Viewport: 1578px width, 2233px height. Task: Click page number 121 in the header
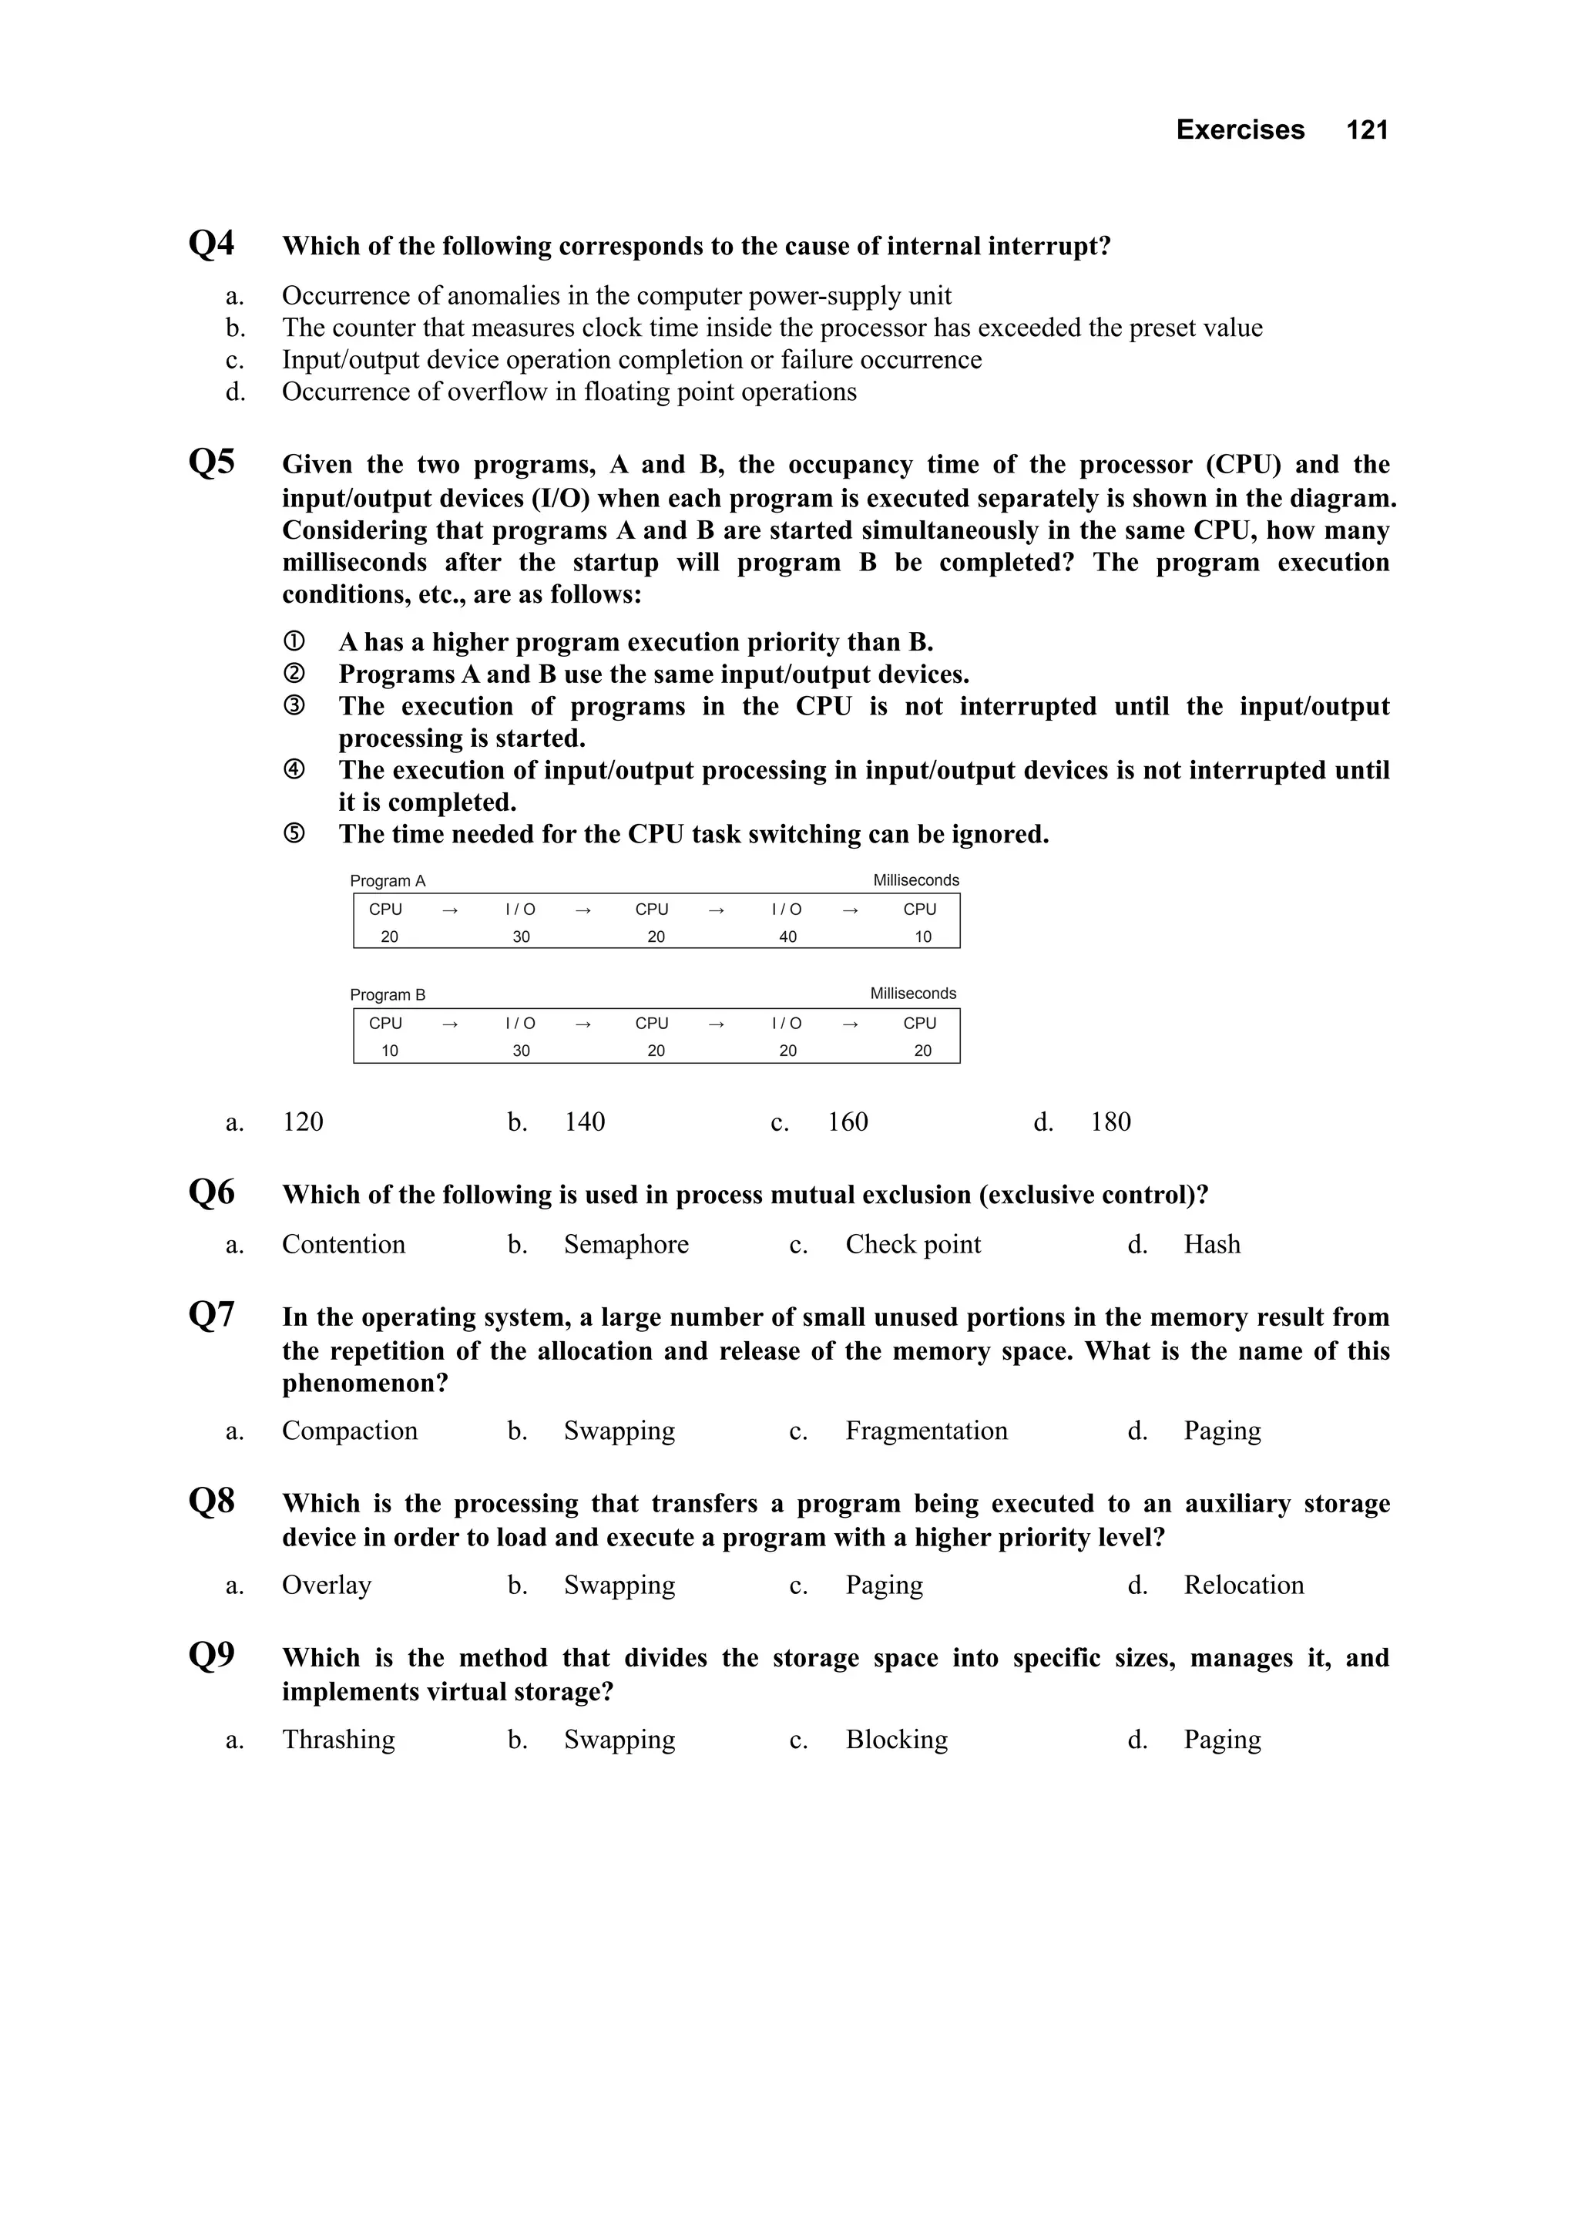(x=1366, y=129)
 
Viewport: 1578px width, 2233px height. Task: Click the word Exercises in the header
(x=1240, y=129)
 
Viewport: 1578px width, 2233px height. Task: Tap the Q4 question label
(x=211, y=243)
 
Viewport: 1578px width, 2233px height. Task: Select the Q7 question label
(x=211, y=1315)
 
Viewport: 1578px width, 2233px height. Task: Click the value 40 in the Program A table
(x=787, y=937)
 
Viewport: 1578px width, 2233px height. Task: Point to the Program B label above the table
(x=387, y=995)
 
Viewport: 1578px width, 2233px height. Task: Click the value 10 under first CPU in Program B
(x=389, y=1051)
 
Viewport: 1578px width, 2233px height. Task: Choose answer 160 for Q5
(x=847, y=1122)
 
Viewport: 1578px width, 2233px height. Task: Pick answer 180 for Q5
(x=1110, y=1122)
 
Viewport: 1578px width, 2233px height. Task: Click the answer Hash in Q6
(x=1211, y=1245)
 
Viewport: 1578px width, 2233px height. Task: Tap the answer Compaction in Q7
(x=349, y=1431)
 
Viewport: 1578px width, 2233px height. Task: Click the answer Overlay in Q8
(x=327, y=1586)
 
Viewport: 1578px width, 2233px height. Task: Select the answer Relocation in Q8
(x=1243, y=1586)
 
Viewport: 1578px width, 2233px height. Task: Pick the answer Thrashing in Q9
(x=338, y=1740)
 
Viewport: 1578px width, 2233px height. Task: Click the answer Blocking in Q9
(x=895, y=1740)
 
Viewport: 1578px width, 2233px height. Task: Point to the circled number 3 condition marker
(x=294, y=706)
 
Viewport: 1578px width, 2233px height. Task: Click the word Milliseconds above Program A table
(x=915, y=880)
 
